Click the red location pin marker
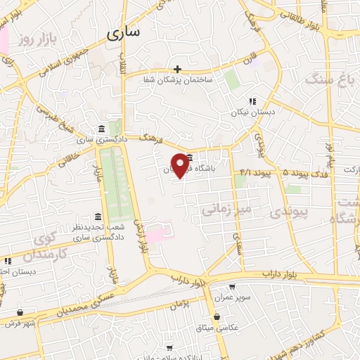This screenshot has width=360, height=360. [x=183, y=166]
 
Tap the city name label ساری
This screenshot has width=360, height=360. [x=124, y=32]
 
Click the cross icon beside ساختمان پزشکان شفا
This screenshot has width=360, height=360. [x=177, y=69]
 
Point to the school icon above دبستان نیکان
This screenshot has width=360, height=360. [x=252, y=101]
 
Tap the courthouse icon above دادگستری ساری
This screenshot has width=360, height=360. [x=103, y=129]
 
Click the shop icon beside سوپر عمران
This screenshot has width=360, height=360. [x=231, y=286]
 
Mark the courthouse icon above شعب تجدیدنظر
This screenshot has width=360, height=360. [x=98, y=217]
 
